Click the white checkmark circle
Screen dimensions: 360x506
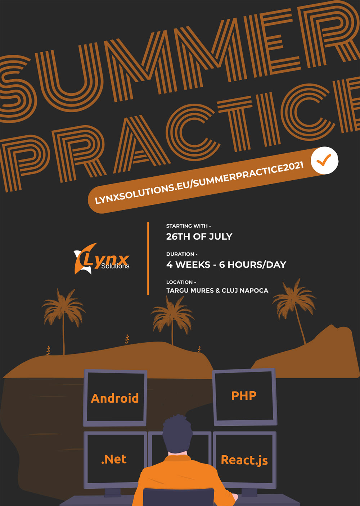tap(324, 161)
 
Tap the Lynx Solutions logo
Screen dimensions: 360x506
tap(102, 259)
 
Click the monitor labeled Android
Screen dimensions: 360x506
tap(115, 398)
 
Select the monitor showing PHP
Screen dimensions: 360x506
tap(244, 397)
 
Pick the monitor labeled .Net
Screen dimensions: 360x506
tap(114, 460)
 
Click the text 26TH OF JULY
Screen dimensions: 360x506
tap(199, 236)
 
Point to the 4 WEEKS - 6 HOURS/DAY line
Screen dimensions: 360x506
tap(226, 265)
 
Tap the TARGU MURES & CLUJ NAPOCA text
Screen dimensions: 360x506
tap(217, 290)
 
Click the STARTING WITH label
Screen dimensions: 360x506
tap(189, 226)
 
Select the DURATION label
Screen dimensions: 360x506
tap(182, 254)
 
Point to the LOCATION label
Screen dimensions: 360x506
tap(181, 282)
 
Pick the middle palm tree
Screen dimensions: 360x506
tap(172, 321)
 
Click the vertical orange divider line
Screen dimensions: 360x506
tap(148, 258)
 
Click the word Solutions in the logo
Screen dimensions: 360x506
tap(115, 266)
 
